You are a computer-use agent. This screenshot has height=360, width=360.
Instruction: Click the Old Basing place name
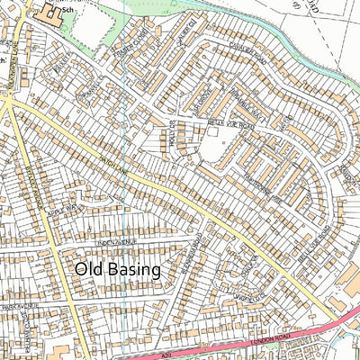pos(117,269)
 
